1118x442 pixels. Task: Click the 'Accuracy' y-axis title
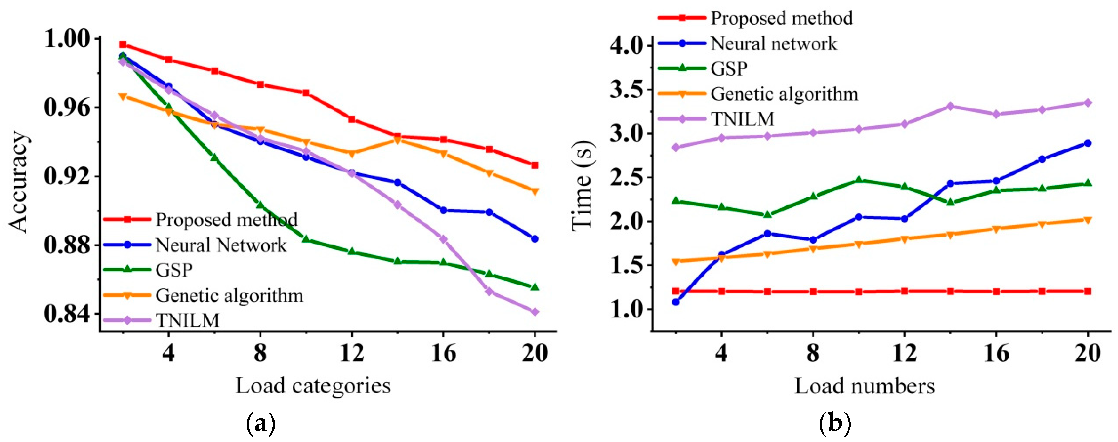[18, 182]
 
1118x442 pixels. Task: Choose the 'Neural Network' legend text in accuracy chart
[221, 245]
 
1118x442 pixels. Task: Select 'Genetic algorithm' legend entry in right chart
[784, 94]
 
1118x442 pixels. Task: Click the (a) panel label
[261, 422]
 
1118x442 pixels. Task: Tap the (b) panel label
[835, 422]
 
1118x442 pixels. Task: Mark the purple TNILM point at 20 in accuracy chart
[535, 312]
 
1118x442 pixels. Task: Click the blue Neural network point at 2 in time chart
[676, 302]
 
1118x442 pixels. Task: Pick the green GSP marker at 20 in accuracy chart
[535, 286]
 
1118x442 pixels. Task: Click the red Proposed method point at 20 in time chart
[1088, 291]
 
